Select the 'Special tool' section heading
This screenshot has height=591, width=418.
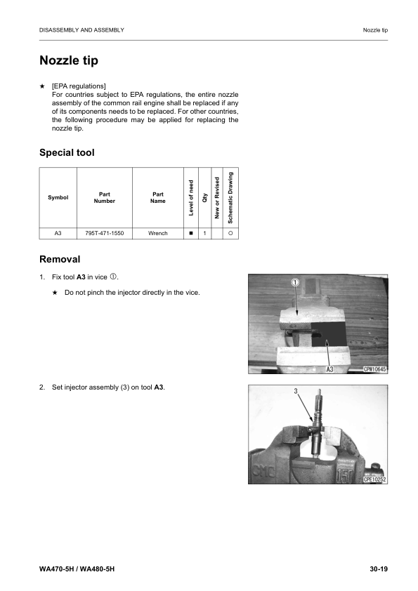tap(67, 152)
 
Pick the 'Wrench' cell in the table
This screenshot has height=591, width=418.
tap(158, 233)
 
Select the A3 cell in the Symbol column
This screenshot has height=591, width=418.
tap(58, 233)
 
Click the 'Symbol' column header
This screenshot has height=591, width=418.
tap(58, 197)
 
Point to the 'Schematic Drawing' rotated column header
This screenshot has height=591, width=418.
tap(230, 197)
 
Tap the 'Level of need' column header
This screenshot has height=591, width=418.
tap(191, 197)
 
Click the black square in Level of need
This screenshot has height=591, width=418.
tap(191, 233)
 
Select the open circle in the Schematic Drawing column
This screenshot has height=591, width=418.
tap(230, 233)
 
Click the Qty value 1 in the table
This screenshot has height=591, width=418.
tap(204, 233)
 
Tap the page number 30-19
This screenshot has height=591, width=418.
tap(379, 567)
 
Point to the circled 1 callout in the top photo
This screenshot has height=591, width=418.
tap(296, 282)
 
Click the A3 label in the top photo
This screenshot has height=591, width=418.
tap(331, 369)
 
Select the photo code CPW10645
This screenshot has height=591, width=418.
tap(375, 369)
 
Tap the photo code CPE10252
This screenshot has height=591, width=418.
tap(375, 479)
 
